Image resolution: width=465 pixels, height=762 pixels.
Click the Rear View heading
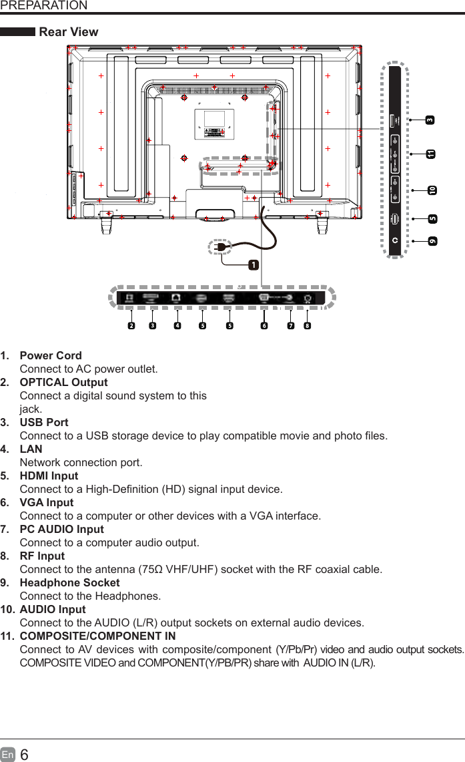click(69, 32)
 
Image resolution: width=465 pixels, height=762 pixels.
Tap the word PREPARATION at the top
click(44, 6)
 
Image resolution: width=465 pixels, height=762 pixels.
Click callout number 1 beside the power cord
click(254, 265)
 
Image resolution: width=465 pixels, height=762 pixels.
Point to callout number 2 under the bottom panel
click(131, 326)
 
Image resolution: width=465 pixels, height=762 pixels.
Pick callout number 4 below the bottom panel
click(177, 326)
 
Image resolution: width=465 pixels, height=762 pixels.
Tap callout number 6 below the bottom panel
click(264, 326)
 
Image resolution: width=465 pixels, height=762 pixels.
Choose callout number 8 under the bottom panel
click(306, 326)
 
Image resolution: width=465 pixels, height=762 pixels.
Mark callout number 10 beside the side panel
click(432, 190)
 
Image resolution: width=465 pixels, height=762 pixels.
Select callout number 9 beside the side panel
click(432, 240)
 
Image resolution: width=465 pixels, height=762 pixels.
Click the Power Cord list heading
click(51, 355)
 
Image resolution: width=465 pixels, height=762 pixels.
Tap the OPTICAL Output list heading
click(63, 382)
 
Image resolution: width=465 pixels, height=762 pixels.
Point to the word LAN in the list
click(31, 449)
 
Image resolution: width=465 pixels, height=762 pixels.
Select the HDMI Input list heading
click(49, 475)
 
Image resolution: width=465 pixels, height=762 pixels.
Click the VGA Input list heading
click(47, 502)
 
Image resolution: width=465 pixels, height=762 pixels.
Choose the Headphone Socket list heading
click(69, 582)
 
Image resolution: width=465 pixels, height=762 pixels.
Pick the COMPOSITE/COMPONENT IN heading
click(97, 636)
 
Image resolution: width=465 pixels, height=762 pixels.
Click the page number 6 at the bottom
click(25, 755)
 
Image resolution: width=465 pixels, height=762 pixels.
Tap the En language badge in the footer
click(8, 755)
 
